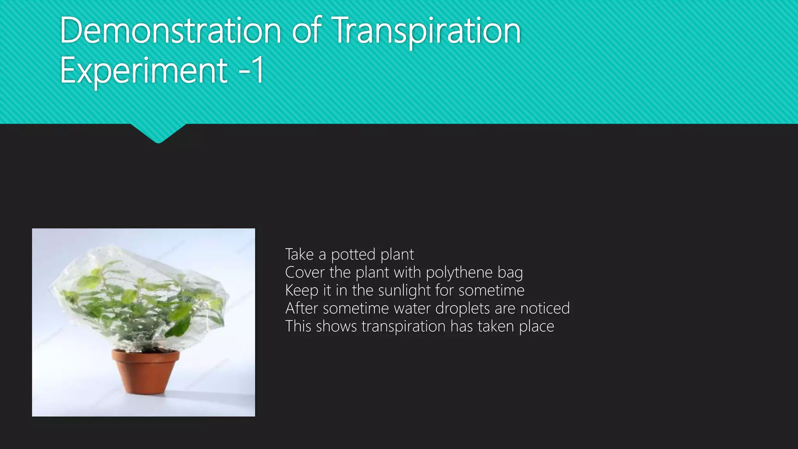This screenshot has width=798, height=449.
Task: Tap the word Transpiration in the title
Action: pos(427,31)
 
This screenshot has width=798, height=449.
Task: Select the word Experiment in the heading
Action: pos(143,71)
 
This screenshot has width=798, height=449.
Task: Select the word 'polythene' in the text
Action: pos(459,273)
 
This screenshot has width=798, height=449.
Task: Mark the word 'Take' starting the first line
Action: pos(299,255)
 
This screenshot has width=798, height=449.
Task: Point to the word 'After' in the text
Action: pos(302,308)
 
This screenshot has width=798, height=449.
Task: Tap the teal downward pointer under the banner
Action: pos(158,133)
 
